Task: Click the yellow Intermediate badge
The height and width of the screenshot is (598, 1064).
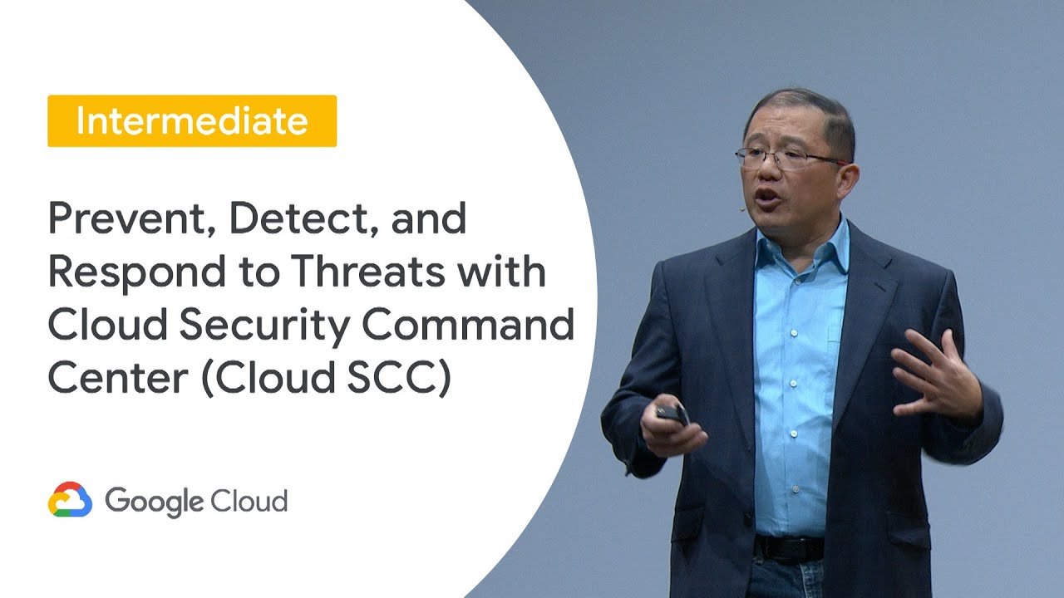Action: pos(192,121)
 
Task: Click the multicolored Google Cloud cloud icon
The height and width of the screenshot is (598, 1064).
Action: pos(70,501)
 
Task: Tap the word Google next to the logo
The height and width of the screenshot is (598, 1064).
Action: pos(154,502)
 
